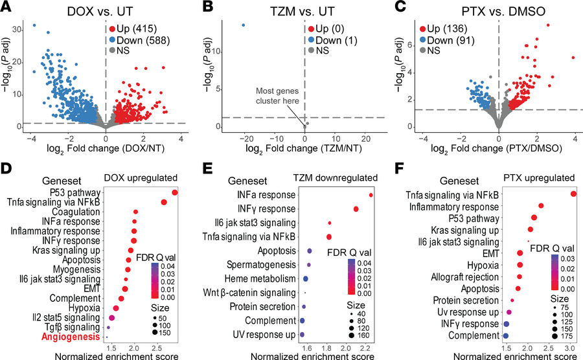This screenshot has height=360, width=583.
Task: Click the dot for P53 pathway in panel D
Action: [175, 192]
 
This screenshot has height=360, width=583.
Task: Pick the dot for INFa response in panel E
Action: [371, 194]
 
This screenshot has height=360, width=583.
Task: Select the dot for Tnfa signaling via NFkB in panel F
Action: [573, 194]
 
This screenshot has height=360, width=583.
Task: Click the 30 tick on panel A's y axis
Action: [19, 29]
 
